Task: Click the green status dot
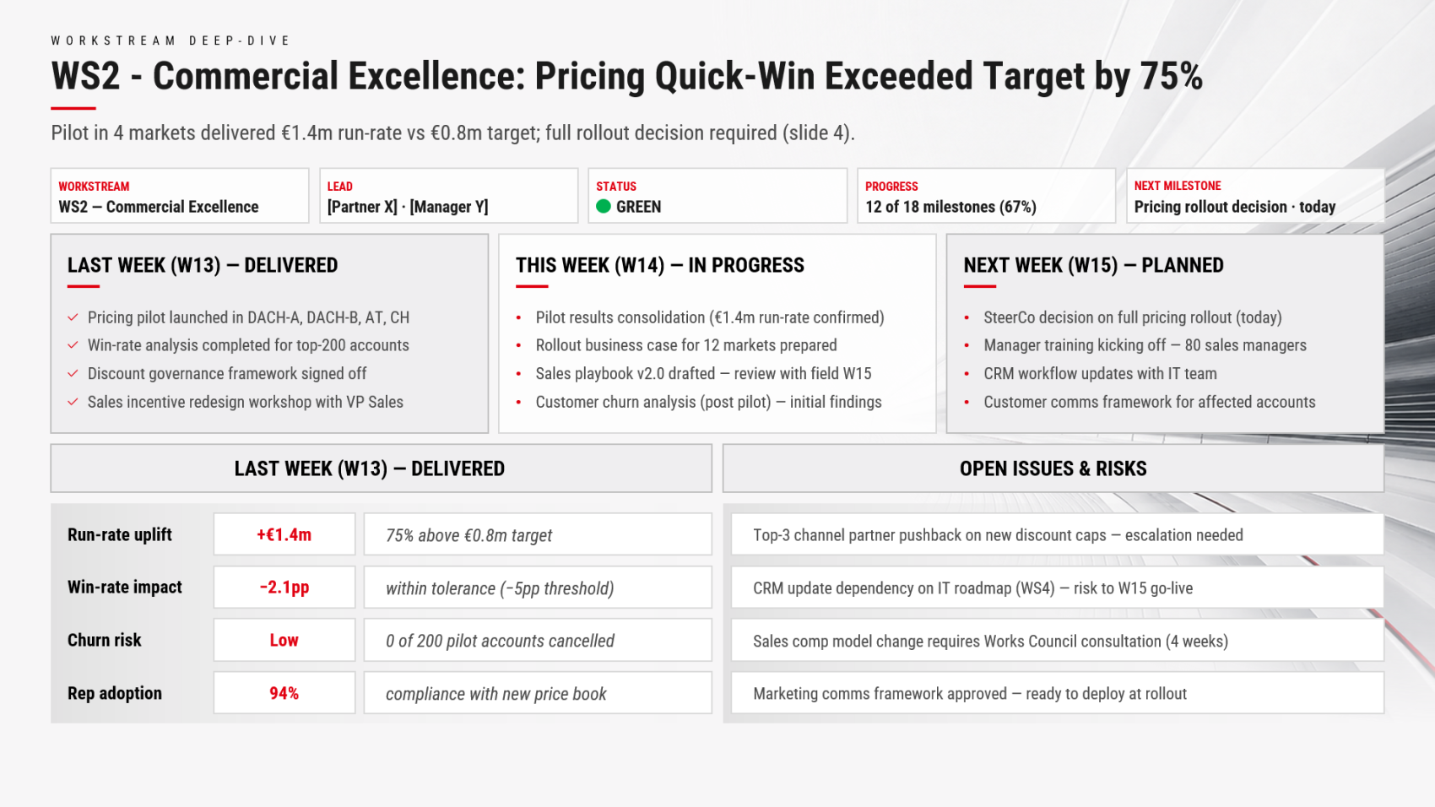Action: point(603,206)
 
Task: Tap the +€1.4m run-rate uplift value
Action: point(284,535)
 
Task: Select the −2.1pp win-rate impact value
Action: point(284,588)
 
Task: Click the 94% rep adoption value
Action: point(284,693)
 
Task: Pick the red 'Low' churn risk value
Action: point(284,640)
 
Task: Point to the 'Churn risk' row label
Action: point(105,640)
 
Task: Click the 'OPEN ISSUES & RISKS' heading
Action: point(1053,468)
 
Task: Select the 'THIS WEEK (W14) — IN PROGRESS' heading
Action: point(660,265)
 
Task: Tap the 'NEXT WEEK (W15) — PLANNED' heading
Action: point(1093,265)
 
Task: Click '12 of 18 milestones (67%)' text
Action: point(950,207)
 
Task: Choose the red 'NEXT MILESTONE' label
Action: point(1178,186)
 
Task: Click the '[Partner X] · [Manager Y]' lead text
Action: point(408,207)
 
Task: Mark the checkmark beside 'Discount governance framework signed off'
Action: point(73,373)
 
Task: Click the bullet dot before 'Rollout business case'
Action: point(519,346)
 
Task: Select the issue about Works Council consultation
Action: point(990,641)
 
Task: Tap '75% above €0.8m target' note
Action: point(468,535)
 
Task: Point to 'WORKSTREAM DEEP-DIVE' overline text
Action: point(171,41)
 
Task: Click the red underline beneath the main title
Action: point(73,108)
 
